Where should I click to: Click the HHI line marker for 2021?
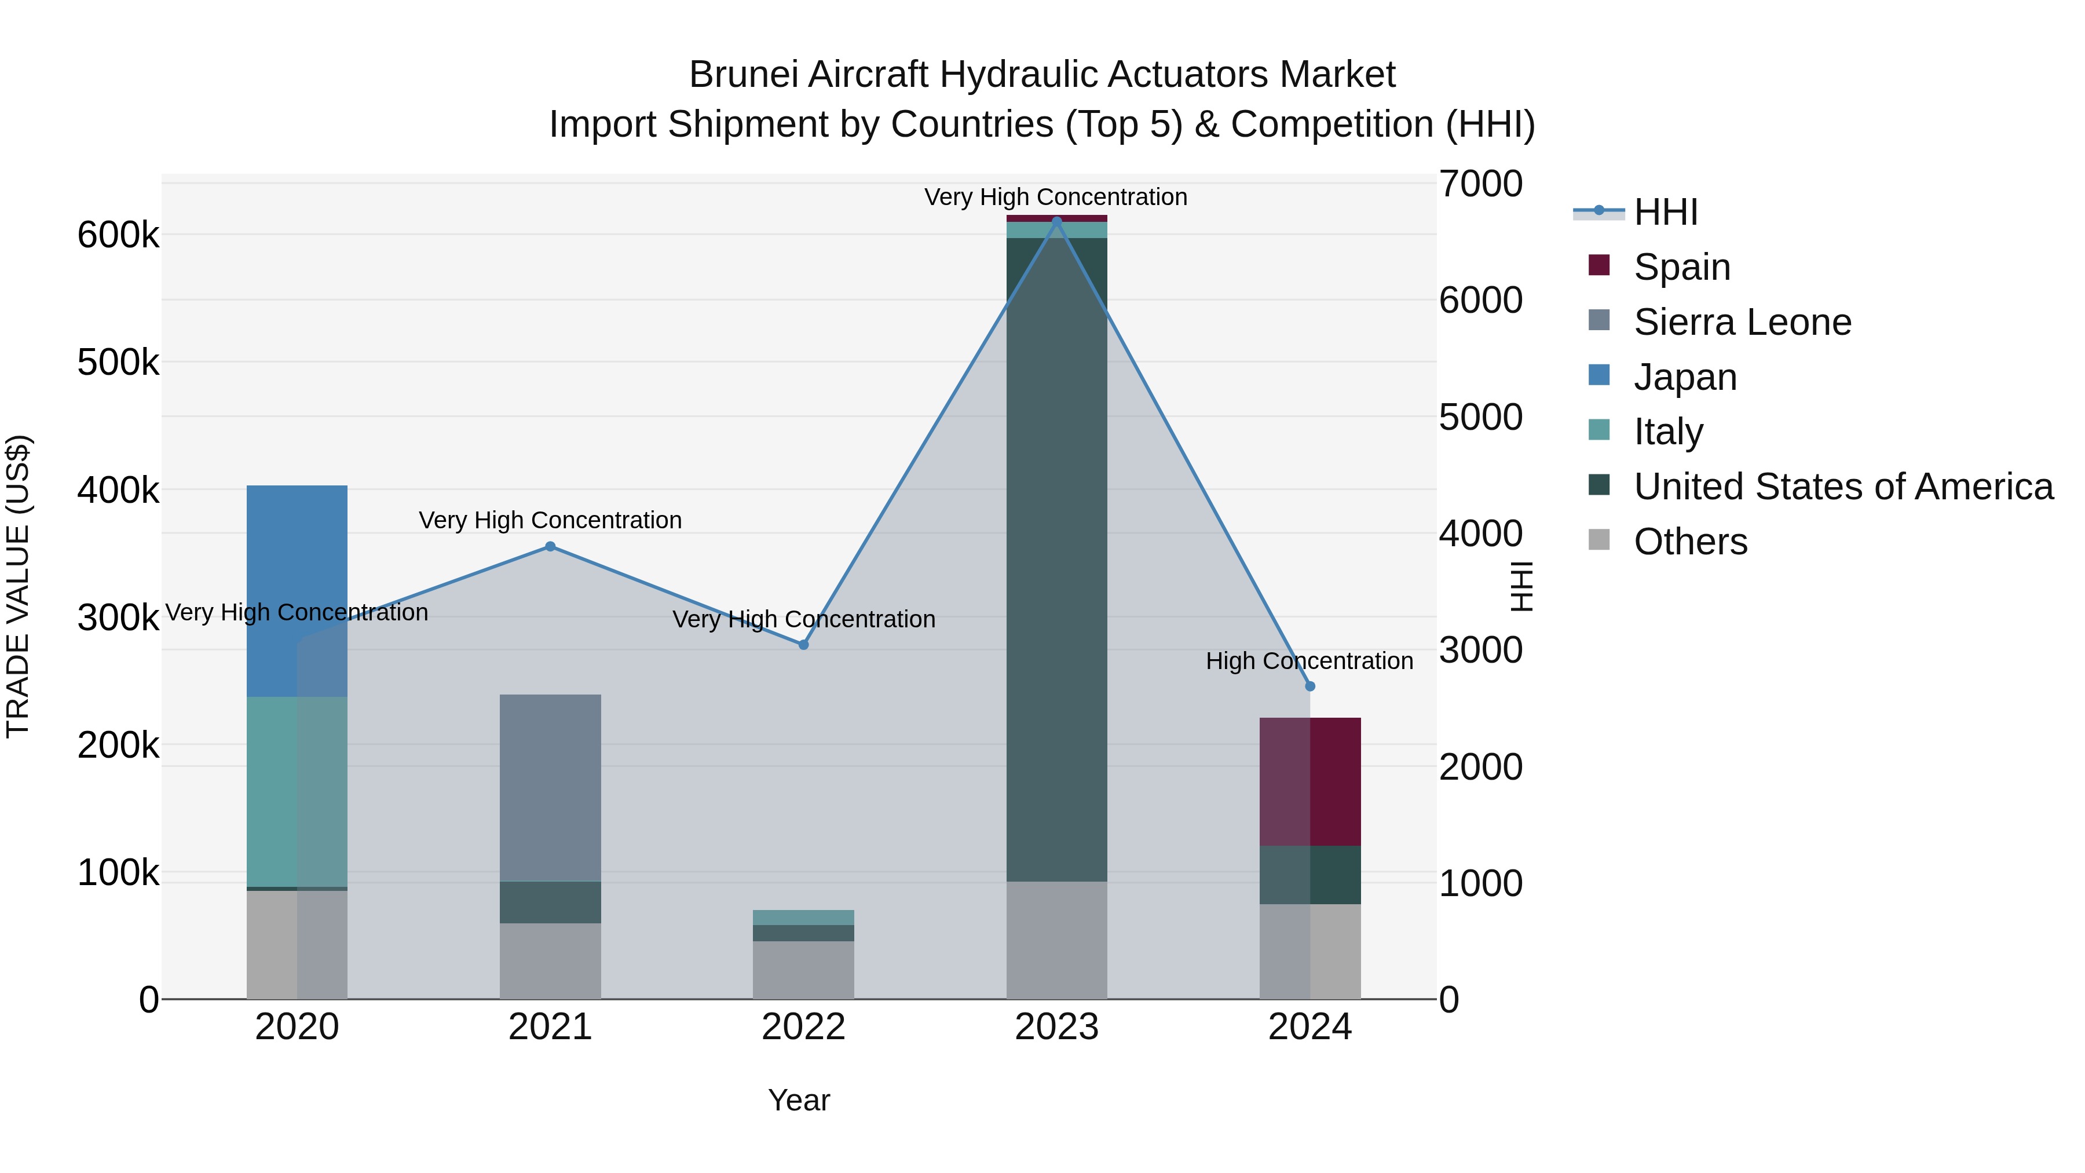(550, 546)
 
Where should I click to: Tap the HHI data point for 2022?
(804, 645)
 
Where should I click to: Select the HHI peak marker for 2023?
(1056, 221)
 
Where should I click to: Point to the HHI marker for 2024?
(1311, 686)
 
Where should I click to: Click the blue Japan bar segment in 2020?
(297, 591)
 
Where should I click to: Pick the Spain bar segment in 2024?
(1311, 781)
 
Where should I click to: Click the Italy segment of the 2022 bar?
(804, 917)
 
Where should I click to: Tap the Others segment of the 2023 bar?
(1056, 940)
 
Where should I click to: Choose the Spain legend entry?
(1681, 267)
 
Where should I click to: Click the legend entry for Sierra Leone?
(1742, 322)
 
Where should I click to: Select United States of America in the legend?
(1843, 487)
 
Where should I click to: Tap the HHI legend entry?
(1666, 212)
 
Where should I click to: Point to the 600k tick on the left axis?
(118, 236)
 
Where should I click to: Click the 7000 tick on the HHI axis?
(1480, 184)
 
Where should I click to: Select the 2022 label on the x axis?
(804, 1027)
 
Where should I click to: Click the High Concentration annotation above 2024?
(1309, 662)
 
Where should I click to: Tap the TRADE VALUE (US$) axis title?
(18, 586)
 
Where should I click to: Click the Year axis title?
(799, 1100)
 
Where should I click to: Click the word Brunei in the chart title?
(742, 75)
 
